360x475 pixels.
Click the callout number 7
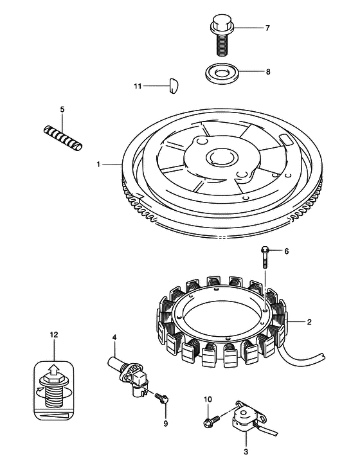[x=267, y=28]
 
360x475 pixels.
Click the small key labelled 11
[x=173, y=86]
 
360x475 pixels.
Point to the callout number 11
[x=138, y=86]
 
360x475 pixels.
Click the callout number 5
[x=62, y=109]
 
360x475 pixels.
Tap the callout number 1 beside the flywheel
[x=98, y=165]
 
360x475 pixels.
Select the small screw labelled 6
[x=264, y=258]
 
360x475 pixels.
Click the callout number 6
[x=286, y=251]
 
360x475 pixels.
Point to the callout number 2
[x=309, y=322]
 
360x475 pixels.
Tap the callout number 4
[x=114, y=337]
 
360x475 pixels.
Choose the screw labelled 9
[x=162, y=398]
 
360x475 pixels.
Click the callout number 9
[x=165, y=424]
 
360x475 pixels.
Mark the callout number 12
[x=54, y=335]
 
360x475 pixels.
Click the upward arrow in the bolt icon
[x=54, y=370]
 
